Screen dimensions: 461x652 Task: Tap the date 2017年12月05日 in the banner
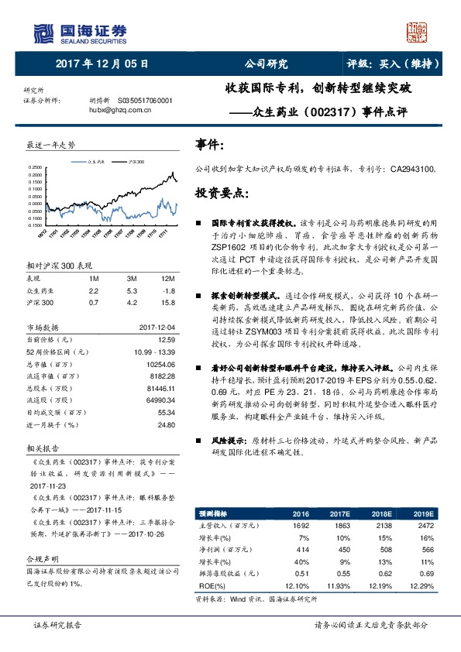[102, 63]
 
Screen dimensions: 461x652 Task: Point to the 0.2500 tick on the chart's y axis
[36, 167]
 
